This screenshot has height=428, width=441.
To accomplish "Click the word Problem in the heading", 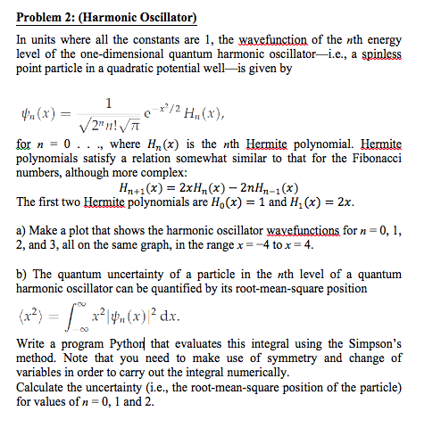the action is coord(40,17).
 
